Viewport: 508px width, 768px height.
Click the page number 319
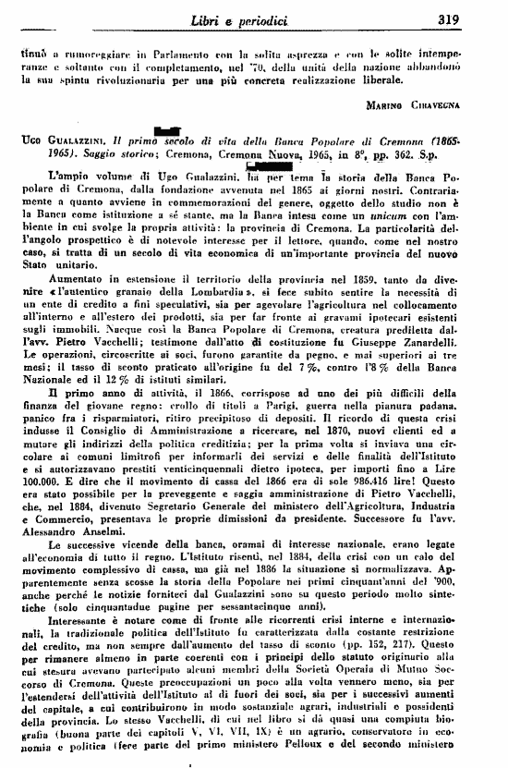pos(477,18)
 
